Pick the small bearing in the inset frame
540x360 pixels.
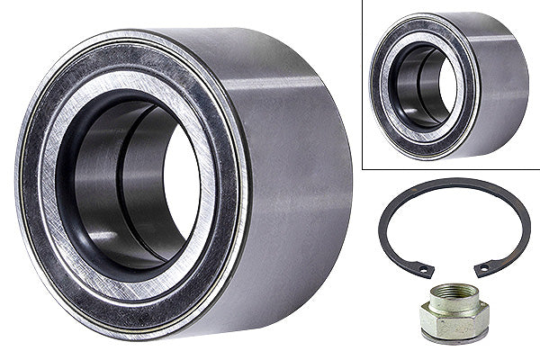click(x=441, y=85)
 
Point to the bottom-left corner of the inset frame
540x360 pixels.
click(x=363, y=167)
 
